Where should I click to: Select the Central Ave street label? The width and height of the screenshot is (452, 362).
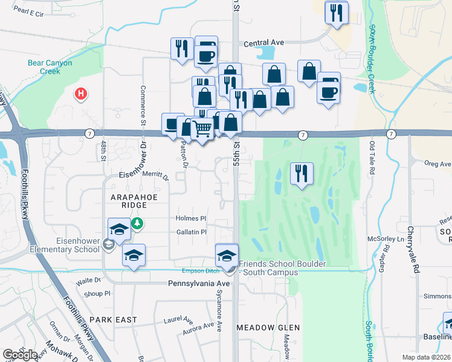[263, 43]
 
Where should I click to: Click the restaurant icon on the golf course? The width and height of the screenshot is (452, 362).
[300, 174]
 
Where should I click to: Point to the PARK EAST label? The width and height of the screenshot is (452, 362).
[114, 320]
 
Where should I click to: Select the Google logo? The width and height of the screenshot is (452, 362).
[20, 355]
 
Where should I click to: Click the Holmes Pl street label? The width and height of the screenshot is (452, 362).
[191, 218]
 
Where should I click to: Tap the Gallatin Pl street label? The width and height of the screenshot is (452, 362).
[191, 232]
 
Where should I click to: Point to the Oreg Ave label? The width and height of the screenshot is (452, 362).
[437, 164]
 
